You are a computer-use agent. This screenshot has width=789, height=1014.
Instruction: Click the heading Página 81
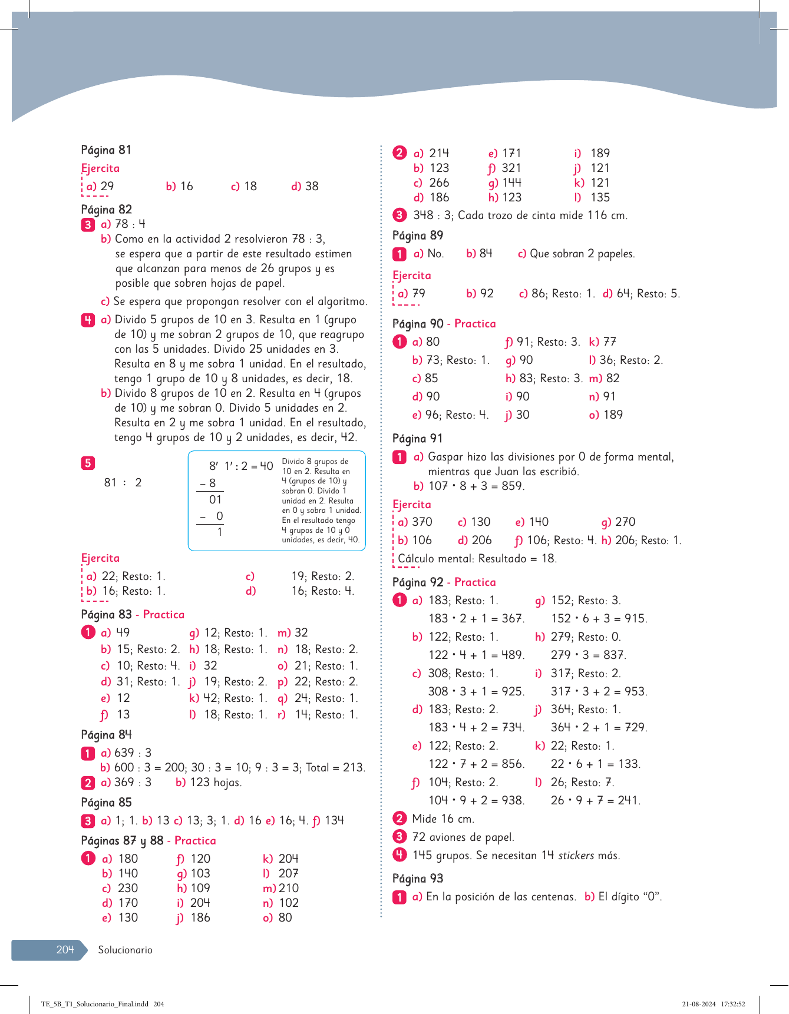(x=106, y=150)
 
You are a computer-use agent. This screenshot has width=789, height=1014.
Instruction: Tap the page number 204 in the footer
(x=65, y=949)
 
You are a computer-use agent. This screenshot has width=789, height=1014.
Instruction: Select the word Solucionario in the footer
(x=125, y=950)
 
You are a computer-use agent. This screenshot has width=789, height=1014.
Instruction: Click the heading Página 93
(x=418, y=879)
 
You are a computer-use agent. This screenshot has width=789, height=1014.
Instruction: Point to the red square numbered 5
(x=88, y=463)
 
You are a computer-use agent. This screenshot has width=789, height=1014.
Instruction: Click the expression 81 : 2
(x=123, y=483)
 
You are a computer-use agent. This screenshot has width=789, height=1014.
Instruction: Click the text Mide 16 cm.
(x=443, y=819)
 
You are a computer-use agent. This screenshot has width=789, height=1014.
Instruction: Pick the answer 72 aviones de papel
(x=463, y=837)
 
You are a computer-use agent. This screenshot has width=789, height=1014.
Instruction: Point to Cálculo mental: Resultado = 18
(x=477, y=559)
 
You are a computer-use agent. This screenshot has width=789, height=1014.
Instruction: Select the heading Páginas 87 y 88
(x=122, y=841)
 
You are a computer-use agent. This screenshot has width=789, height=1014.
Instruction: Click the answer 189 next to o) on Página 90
(x=613, y=415)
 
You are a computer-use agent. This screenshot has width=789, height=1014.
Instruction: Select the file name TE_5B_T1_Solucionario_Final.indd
(x=94, y=1004)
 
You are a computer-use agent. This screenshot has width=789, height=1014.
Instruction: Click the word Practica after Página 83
(x=163, y=615)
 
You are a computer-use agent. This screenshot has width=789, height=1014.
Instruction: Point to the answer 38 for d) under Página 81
(x=312, y=187)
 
